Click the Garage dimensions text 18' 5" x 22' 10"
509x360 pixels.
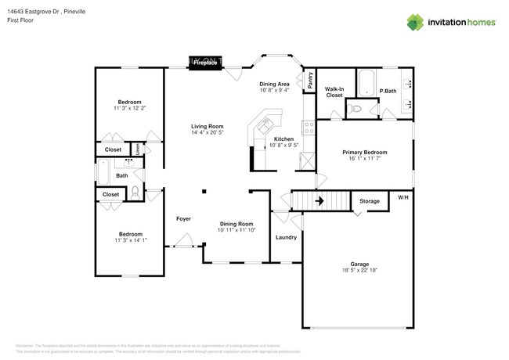click(359, 271)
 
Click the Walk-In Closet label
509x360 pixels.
click(334, 92)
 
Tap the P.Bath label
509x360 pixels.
click(388, 92)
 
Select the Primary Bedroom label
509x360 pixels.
click(364, 153)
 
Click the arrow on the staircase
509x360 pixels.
click(319, 201)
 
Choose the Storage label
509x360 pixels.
click(370, 202)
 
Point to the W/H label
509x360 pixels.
click(403, 196)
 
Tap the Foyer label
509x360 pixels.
click(183, 218)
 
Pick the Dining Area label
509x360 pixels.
click(275, 84)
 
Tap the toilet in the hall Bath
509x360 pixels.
click(135, 191)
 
